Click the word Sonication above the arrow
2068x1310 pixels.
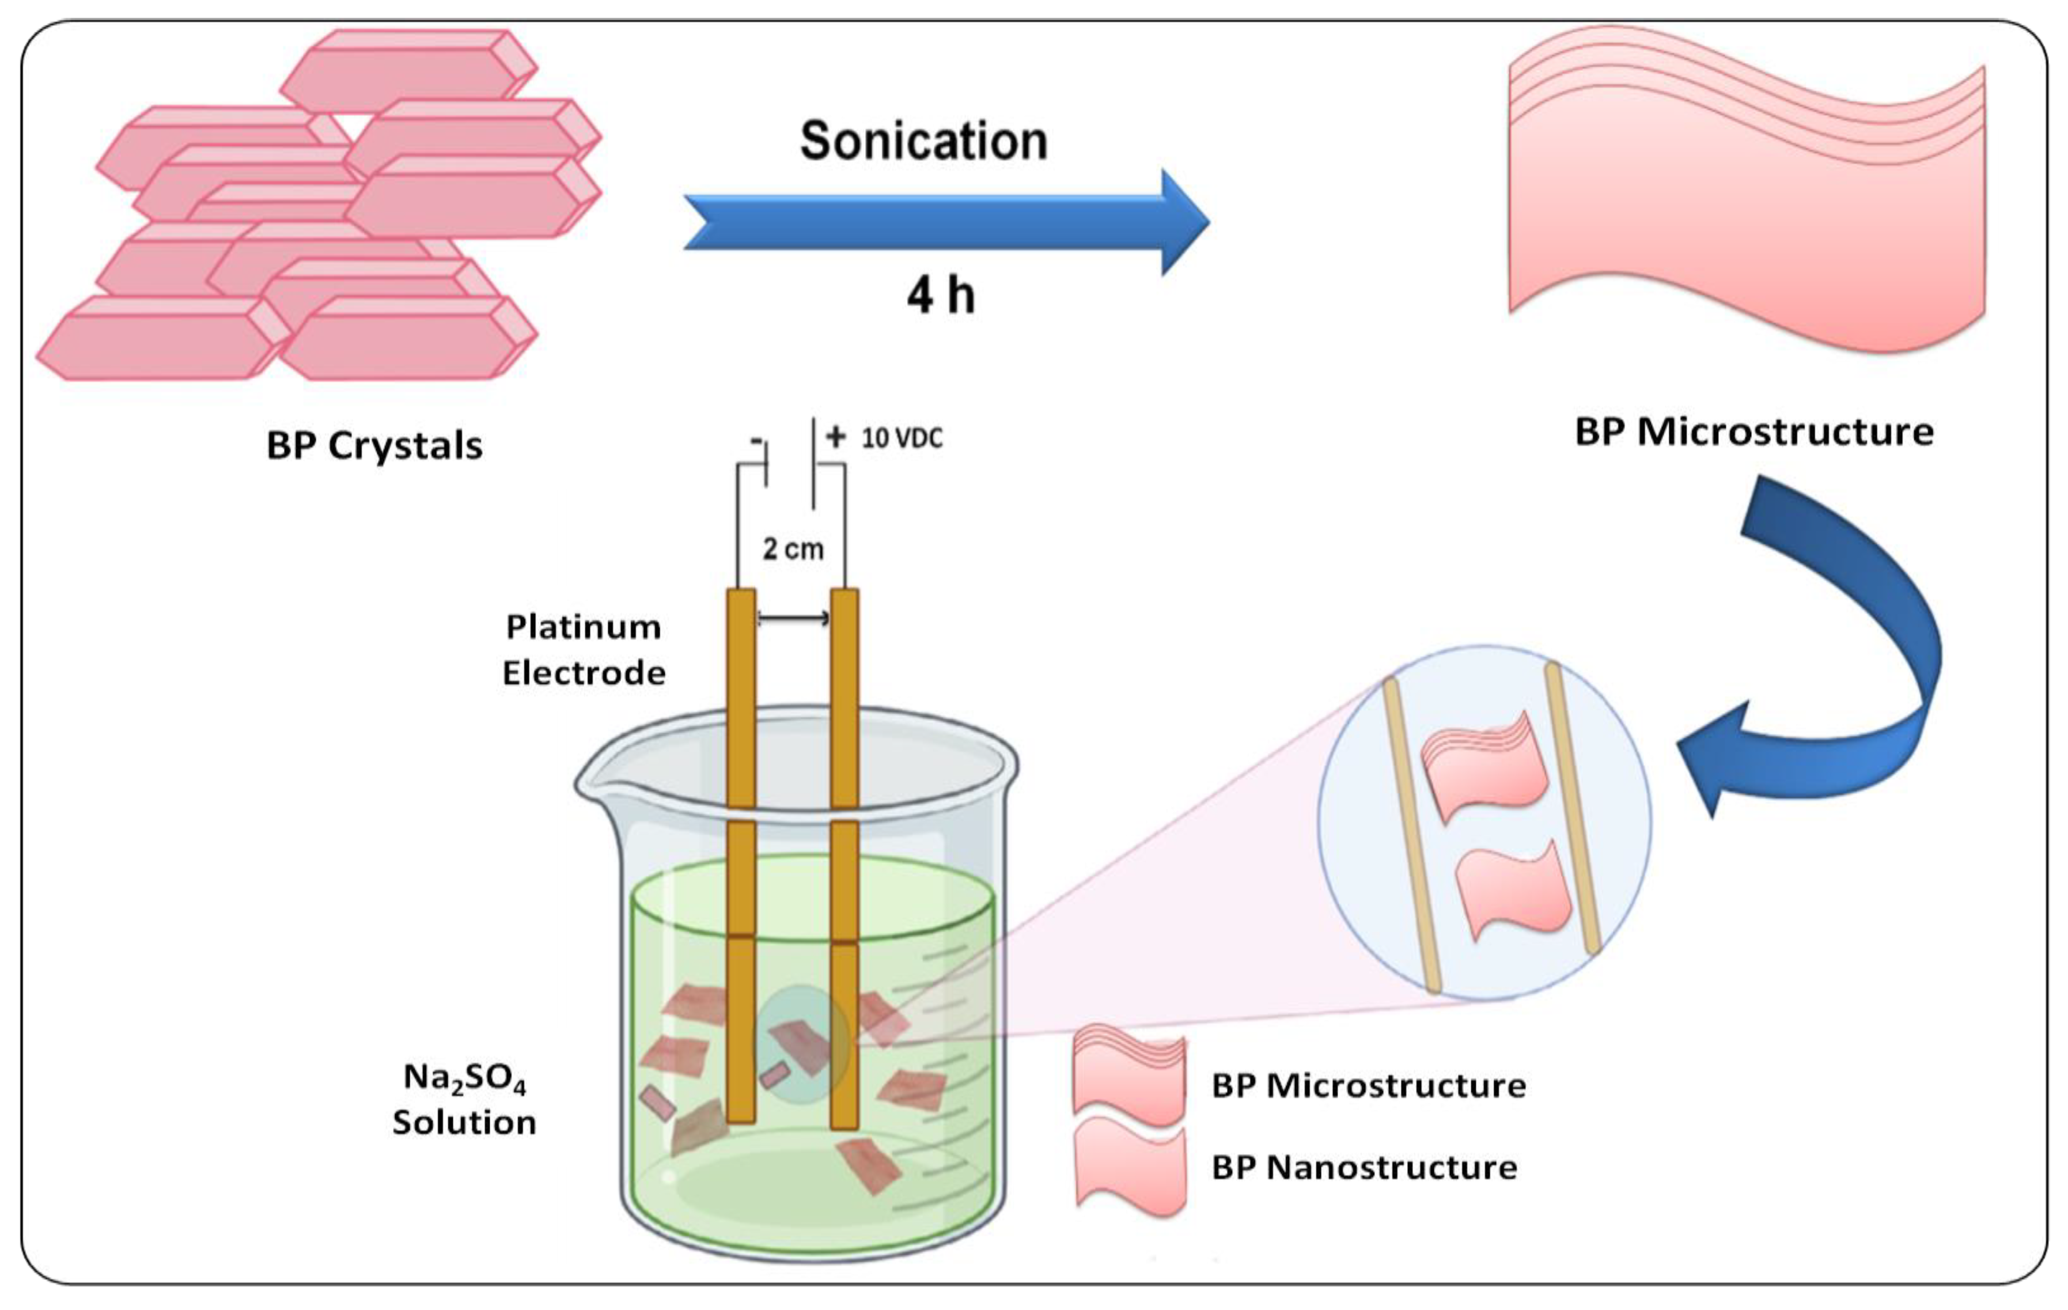point(923,141)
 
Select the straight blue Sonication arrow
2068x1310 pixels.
point(945,222)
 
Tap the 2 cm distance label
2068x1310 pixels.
point(793,548)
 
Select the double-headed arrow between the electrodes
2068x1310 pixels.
point(793,618)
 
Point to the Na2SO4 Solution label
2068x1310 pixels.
point(464,1100)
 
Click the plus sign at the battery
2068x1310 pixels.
point(835,437)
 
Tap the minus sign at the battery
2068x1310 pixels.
point(756,441)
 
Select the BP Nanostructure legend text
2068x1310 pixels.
point(1363,1167)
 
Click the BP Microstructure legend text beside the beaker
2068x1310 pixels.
point(1368,1086)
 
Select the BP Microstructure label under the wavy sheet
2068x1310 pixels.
point(1753,431)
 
